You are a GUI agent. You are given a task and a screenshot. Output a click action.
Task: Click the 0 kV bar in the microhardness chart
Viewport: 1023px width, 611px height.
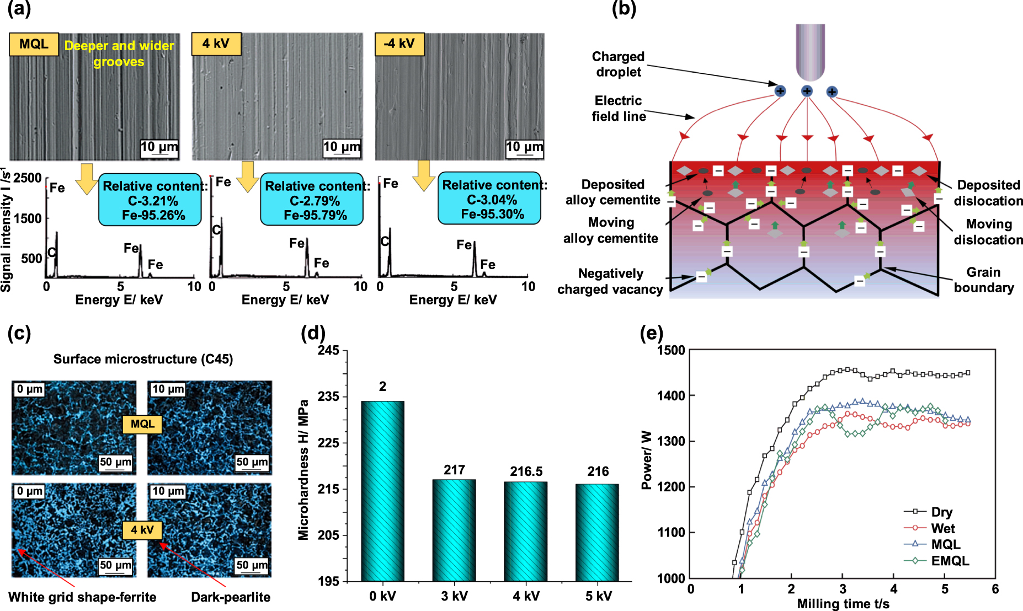pos(382,491)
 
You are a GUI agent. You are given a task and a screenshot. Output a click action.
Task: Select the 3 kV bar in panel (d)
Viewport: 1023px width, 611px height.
pos(454,530)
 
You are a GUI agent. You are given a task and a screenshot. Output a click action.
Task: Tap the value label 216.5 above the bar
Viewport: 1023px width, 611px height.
pos(526,471)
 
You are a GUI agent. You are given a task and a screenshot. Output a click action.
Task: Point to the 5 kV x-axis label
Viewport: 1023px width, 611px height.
pos(598,596)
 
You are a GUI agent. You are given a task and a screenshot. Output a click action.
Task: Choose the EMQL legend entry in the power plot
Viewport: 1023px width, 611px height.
pos(950,561)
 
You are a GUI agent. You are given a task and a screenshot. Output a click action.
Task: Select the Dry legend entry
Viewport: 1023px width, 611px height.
pos(941,512)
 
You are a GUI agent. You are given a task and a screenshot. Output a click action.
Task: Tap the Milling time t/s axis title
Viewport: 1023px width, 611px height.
pos(843,604)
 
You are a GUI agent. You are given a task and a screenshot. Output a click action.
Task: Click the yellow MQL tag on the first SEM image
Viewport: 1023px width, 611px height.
pos(34,44)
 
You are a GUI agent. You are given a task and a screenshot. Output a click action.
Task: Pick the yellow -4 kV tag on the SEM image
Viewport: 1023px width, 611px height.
pos(399,44)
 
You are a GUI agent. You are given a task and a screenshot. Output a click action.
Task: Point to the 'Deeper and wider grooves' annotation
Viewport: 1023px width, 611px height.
pos(119,53)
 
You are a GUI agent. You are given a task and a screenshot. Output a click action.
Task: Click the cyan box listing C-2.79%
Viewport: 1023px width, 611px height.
pos(312,200)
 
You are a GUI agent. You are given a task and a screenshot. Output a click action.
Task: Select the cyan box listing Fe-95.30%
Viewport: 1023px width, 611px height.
pos(489,199)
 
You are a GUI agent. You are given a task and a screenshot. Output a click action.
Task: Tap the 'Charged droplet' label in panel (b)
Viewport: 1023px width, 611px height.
pos(618,64)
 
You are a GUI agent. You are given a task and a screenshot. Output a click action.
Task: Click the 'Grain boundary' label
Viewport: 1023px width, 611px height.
pos(983,280)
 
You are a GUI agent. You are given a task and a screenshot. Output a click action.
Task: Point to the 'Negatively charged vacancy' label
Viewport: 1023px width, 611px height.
pos(610,281)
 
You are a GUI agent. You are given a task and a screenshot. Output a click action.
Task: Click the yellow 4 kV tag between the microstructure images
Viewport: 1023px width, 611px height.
pos(142,530)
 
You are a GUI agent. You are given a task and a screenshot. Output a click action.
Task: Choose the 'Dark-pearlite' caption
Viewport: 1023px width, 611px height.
pos(231,597)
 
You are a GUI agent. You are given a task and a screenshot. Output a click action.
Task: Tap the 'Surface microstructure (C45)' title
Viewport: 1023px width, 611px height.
pos(143,359)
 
